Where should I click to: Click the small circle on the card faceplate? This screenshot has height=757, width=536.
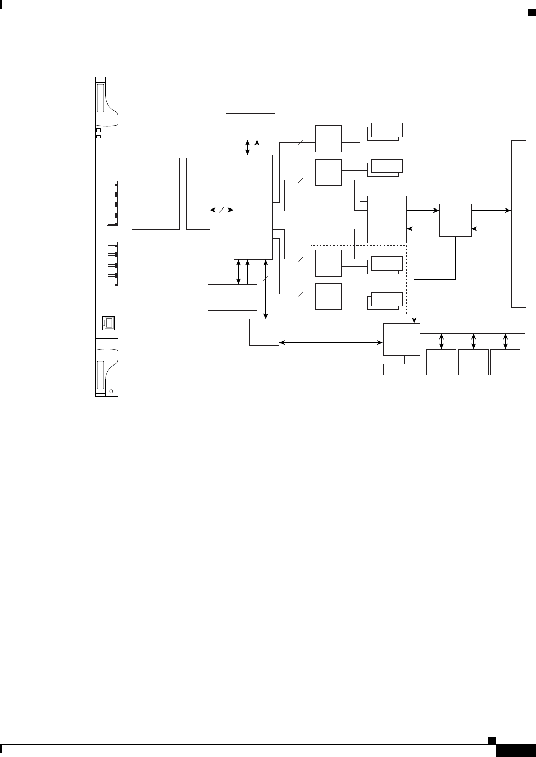111,391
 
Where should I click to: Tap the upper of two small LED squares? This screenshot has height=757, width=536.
99,130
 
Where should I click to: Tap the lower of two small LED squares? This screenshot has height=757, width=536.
99,136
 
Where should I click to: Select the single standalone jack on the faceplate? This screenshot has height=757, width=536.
109,323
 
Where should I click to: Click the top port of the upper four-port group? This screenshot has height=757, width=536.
112,188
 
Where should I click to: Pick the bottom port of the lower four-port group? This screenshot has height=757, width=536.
112,281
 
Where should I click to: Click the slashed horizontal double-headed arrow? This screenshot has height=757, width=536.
222,209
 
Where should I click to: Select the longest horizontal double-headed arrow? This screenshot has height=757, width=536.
331,343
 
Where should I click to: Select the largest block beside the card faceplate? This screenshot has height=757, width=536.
156,193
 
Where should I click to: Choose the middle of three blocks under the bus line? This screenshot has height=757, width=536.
473,362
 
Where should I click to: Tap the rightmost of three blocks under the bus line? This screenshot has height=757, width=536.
505,362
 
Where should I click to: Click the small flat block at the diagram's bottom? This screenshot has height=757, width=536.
401,370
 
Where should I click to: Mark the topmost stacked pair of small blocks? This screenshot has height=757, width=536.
386,130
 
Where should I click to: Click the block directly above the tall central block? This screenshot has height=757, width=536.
250,126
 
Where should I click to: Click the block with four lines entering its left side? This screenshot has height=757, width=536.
387,219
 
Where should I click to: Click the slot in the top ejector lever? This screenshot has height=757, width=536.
100,98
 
